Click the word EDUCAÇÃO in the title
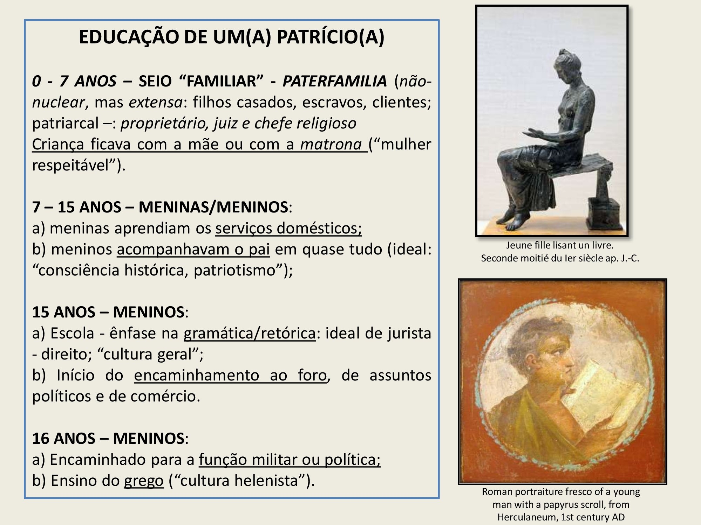tap(129, 37)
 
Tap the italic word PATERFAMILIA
tap(334, 81)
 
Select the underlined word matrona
tap(331, 145)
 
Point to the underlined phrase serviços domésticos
tap(288, 229)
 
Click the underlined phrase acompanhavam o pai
tap(193, 250)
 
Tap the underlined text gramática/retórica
tap(250, 334)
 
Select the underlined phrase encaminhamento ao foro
tap(230, 376)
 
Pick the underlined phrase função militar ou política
tap(290, 460)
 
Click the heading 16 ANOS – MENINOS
tap(108, 438)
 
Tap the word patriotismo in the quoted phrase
tap(234, 271)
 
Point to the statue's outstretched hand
tap(533, 134)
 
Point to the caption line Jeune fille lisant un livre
tap(560, 245)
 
